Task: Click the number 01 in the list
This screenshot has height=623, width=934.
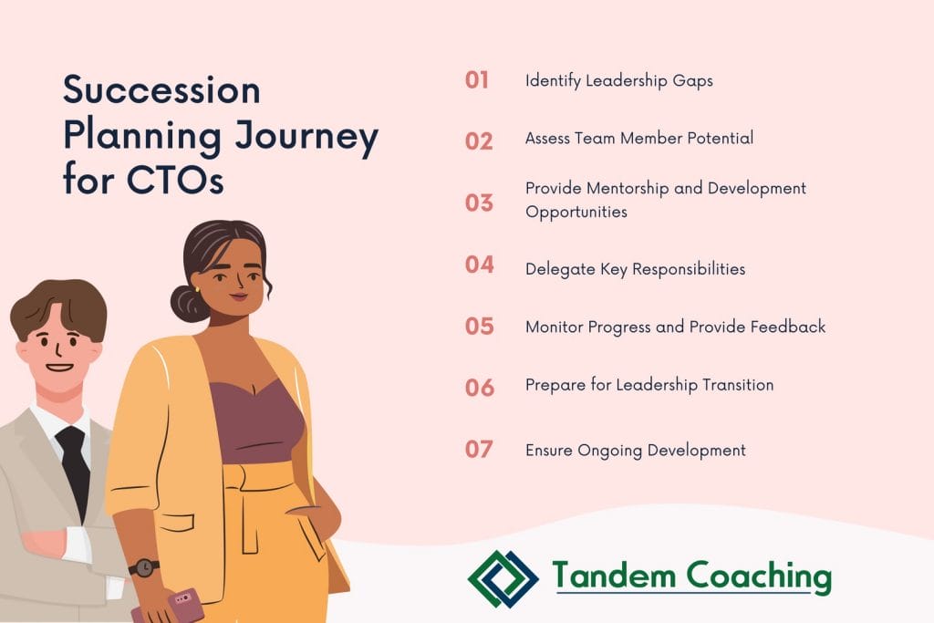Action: click(x=476, y=79)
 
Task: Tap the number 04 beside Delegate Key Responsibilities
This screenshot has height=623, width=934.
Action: click(x=480, y=265)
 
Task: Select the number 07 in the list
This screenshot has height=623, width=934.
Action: click(x=479, y=449)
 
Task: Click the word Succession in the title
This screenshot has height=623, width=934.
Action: click(x=162, y=90)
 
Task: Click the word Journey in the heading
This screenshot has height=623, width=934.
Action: click(x=306, y=138)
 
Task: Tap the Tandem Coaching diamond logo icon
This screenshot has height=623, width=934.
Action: click(x=503, y=578)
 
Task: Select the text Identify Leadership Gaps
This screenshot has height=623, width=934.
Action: click(x=619, y=81)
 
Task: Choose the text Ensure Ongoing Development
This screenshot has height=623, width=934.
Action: click(x=636, y=451)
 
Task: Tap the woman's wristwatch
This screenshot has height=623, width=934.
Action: click(x=144, y=567)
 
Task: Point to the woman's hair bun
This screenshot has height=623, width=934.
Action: click(x=187, y=304)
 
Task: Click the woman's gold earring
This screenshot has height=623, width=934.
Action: click(x=197, y=289)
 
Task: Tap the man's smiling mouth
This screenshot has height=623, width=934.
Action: click(x=59, y=367)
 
